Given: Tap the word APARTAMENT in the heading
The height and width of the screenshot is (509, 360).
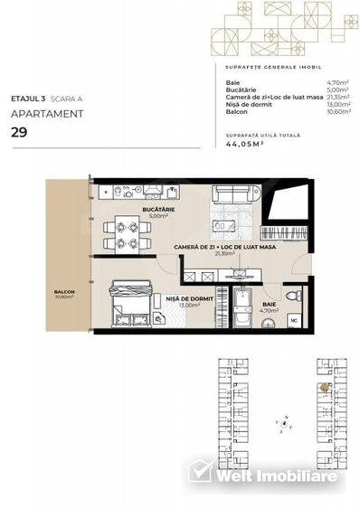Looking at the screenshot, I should [x=47, y=114].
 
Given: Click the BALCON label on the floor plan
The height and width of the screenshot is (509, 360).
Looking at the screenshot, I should [x=63, y=292].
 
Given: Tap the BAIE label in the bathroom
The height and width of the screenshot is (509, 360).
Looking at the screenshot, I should [x=270, y=305].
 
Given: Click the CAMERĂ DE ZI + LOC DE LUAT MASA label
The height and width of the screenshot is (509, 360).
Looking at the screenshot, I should [x=224, y=247].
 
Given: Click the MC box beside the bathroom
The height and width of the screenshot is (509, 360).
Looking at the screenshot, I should [x=294, y=320].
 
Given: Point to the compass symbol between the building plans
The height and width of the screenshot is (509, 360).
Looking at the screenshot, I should [x=283, y=420].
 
